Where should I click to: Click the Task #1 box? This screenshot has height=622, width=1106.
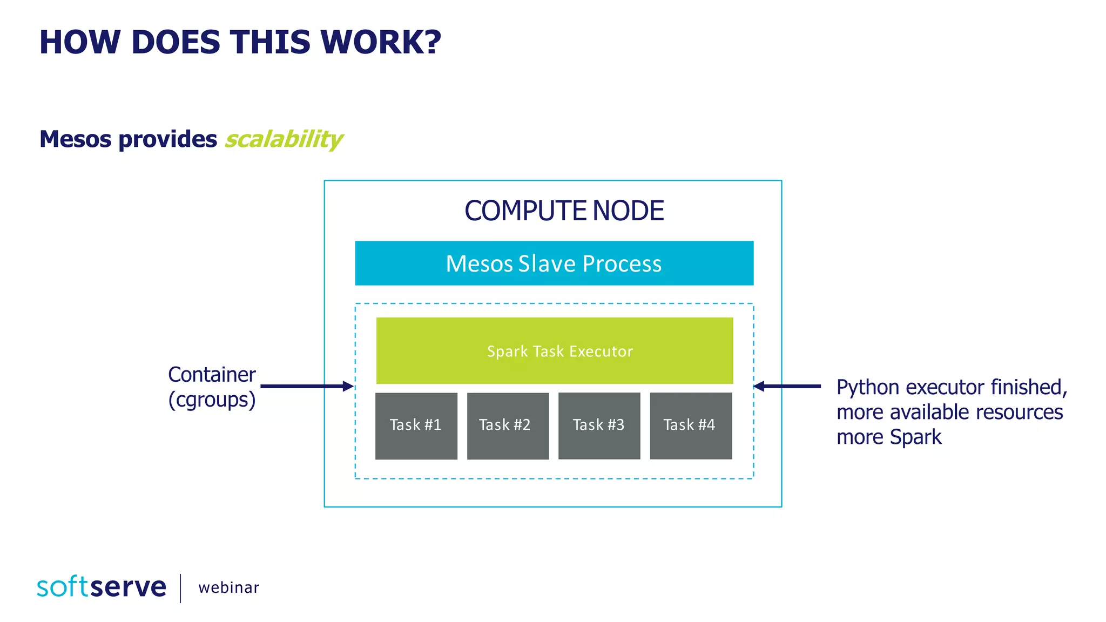[416, 425]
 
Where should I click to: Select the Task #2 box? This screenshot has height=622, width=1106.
[508, 425]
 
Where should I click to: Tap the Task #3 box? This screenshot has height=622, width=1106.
[599, 425]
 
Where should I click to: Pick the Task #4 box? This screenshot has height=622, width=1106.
[691, 425]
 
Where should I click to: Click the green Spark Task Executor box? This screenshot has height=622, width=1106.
[555, 351]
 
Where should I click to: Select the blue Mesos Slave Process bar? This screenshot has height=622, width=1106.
[554, 263]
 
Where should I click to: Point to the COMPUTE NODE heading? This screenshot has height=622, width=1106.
[564, 211]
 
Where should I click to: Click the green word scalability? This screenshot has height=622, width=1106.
[284, 139]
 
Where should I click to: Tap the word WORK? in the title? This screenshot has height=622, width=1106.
[381, 42]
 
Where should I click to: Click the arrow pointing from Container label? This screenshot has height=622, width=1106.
[306, 386]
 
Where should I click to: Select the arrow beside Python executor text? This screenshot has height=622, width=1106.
[787, 386]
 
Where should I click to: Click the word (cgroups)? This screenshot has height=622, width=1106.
[212, 400]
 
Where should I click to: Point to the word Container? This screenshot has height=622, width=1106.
[212, 375]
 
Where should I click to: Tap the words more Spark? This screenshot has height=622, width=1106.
[889, 437]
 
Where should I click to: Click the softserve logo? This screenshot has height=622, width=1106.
[102, 587]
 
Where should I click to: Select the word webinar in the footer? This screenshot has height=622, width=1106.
[228, 587]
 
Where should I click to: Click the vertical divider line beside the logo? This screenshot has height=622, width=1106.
[180, 588]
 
